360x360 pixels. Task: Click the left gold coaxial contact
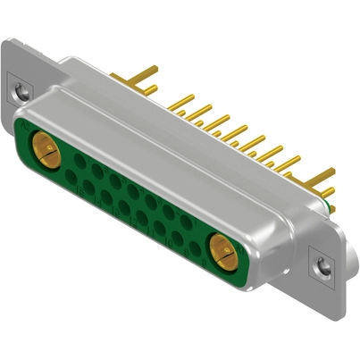point(44,145)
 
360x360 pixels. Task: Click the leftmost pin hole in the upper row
point(80,161)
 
